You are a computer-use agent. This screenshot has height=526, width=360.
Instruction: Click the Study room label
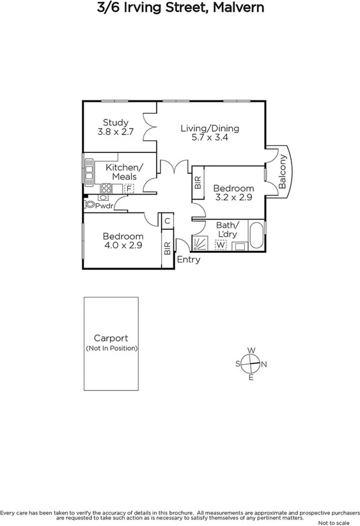point(116,122)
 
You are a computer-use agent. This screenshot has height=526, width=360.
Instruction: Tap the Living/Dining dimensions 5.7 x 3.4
point(210,138)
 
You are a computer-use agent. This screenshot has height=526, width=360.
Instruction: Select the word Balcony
point(282,171)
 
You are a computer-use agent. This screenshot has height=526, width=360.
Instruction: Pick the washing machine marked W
point(221,245)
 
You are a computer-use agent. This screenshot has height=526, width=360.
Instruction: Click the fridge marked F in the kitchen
point(129,189)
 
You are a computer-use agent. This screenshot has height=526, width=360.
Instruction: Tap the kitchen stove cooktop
point(106,188)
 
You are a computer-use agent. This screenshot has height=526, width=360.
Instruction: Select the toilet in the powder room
point(89,205)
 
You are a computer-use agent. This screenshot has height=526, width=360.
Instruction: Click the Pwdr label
point(104,205)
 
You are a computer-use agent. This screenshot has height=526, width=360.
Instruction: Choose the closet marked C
point(167,221)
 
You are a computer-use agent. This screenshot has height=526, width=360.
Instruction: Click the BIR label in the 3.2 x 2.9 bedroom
point(198,182)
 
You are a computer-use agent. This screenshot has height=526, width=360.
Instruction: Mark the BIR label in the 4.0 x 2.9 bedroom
point(167,248)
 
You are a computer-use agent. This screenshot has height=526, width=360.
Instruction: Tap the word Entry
point(189,260)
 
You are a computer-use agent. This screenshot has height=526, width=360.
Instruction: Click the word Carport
point(111,339)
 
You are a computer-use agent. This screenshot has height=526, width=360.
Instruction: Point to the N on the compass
point(264,364)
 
